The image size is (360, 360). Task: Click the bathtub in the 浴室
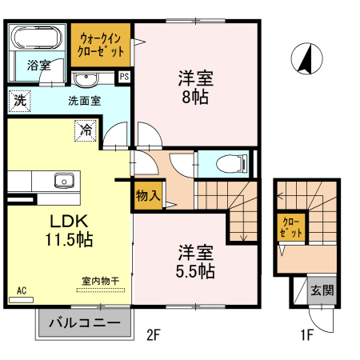[38, 38]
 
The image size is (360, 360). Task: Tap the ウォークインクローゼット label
[101, 45]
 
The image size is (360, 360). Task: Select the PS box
[124, 77]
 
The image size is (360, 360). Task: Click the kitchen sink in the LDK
[64, 179]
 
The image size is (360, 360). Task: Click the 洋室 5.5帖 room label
[196, 261]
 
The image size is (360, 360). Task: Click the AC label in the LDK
[21, 290]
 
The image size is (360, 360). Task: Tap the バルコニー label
[82, 323]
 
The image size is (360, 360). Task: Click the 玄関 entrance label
[322, 290]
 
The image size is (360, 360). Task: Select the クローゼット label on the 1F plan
[292, 226]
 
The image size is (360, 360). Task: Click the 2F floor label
[155, 335]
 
